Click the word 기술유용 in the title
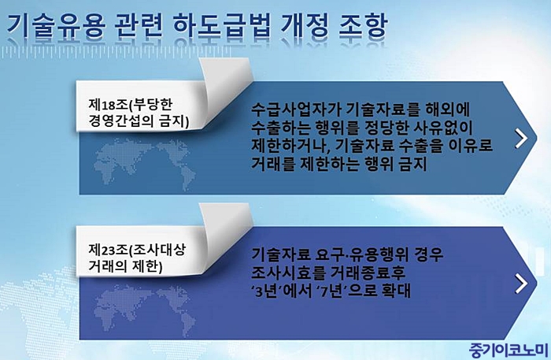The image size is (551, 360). coord(56,26)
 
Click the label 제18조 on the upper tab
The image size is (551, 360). coord(108,105)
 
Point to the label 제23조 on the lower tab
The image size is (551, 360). coord(108,251)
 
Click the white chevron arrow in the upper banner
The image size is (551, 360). coord(521,138)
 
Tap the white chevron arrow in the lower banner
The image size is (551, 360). coord(521,284)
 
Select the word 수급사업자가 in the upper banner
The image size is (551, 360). coord(295,110)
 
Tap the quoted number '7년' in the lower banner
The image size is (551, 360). coord(334,291)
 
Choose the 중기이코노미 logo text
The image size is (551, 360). coord(508,351)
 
